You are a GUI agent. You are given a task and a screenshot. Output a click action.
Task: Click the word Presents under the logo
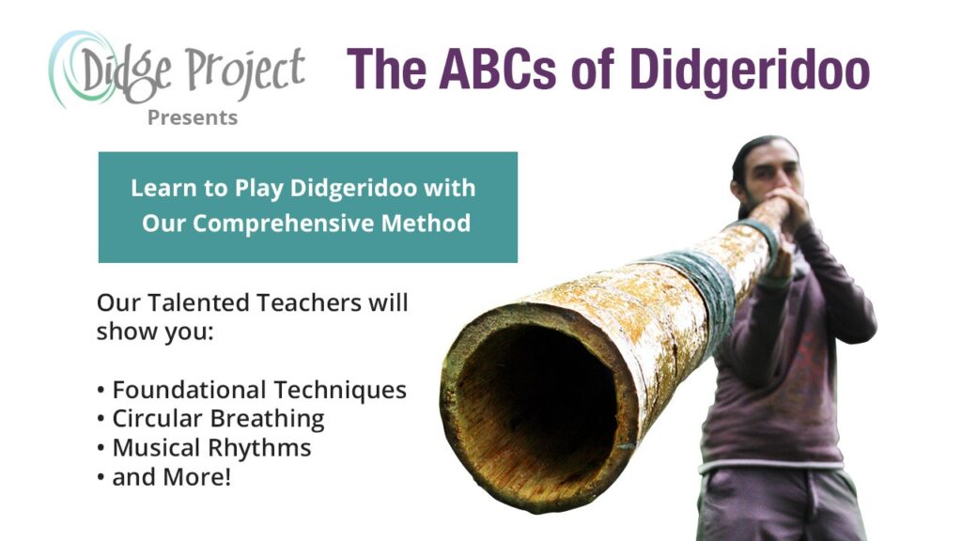click(192, 118)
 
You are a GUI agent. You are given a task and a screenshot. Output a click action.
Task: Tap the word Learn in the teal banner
click(161, 188)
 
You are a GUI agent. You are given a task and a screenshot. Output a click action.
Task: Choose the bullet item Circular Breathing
click(217, 419)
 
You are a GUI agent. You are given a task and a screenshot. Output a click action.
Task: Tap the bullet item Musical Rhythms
click(210, 448)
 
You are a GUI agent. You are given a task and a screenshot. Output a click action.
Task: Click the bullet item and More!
click(169, 477)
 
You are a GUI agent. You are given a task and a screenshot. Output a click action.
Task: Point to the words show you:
click(155, 332)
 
